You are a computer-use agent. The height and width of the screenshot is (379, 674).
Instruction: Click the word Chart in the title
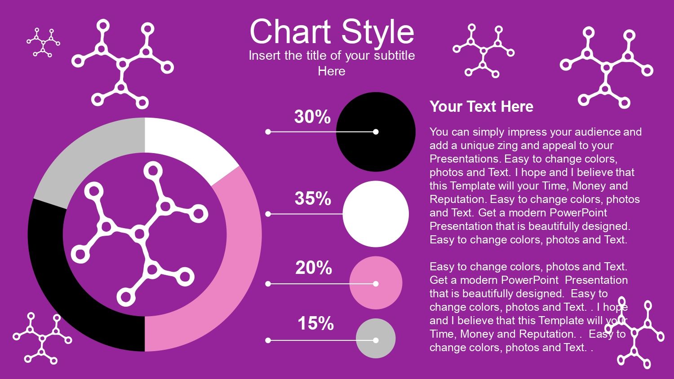click(x=290, y=31)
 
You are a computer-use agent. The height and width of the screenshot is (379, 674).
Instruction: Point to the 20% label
click(x=314, y=267)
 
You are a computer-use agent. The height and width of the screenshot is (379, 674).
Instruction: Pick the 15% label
click(x=315, y=323)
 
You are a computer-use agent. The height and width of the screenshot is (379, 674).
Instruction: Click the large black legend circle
click(x=376, y=132)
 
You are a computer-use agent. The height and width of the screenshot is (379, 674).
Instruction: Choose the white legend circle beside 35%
click(x=376, y=214)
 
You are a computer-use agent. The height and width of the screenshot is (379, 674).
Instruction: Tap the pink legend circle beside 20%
click(x=376, y=283)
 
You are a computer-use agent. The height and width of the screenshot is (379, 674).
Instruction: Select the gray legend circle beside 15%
click(x=376, y=339)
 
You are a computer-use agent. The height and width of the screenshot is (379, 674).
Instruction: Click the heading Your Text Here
click(x=481, y=106)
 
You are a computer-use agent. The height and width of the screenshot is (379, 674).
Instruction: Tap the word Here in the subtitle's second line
click(x=332, y=71)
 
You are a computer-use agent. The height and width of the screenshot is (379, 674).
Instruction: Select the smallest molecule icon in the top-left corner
click(x=43, y=42)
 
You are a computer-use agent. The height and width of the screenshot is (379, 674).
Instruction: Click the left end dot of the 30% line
click(x=268, y=132)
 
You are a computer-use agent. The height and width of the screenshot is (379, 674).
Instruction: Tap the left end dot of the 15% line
click(x=268, y=340)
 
